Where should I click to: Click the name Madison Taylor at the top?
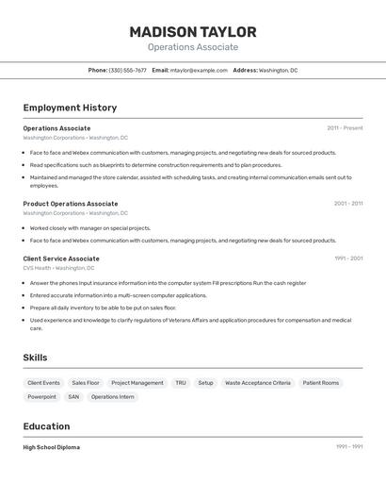point(192,32)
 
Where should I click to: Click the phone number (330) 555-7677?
point(127,70)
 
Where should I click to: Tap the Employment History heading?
point(70,108)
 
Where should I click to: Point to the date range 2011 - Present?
point(345,128)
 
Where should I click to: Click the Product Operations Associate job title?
point(71,204)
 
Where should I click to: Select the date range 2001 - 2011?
point(348,204)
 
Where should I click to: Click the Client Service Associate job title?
point(61,258)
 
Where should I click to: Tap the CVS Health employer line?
point(59,268)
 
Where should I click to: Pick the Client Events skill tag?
point(43,383)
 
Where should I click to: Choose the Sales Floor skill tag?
point(86,383)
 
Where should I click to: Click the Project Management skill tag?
point(137,383)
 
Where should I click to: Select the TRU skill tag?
point(181,383)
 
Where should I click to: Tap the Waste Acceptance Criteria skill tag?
point(258,383)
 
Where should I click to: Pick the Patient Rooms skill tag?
point(321,383)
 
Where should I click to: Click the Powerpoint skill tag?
point(41,397)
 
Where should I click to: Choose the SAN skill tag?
point(73,397)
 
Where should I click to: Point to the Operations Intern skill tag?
point(113,397)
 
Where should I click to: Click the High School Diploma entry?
point(52,447)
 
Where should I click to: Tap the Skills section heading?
point(35,358)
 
